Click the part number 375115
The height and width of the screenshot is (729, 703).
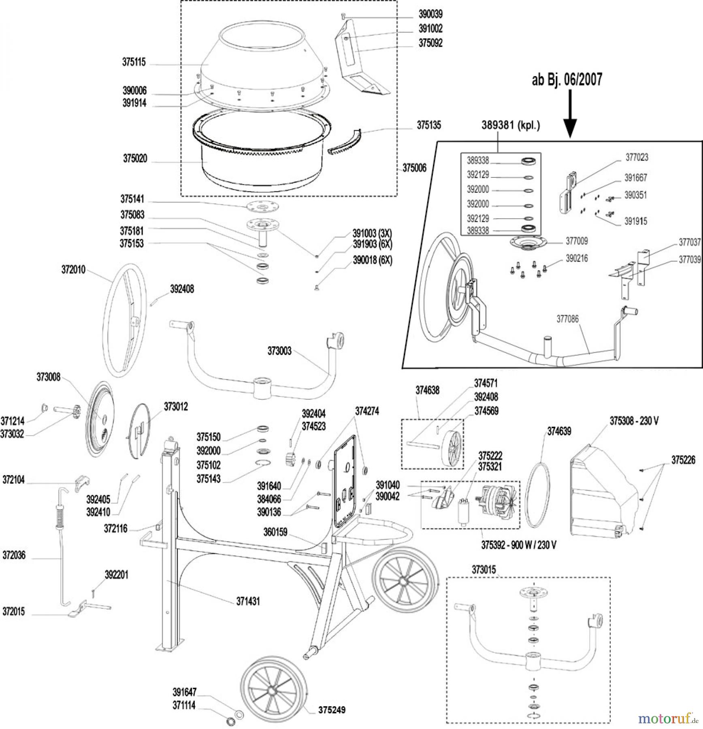134,62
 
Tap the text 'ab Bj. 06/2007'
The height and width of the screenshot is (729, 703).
567,79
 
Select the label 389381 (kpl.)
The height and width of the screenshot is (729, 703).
510,125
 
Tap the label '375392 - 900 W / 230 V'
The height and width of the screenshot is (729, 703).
518,545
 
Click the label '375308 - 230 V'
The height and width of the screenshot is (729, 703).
634,421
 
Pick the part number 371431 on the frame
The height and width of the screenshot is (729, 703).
248,601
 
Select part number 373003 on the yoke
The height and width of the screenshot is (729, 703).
279,351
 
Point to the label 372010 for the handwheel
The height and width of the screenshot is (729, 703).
73,270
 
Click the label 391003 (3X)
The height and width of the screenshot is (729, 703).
372,233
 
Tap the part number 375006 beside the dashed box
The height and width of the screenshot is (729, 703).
414,168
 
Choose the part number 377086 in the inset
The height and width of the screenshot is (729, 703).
567,319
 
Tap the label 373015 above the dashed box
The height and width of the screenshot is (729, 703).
484,569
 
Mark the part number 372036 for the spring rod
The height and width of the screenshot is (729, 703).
14,555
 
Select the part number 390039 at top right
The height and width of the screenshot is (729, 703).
430,14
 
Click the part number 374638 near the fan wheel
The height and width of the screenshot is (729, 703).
427,390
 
